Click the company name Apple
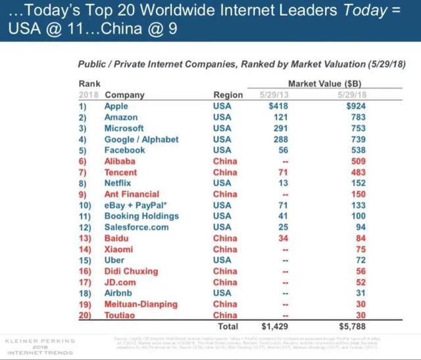116,106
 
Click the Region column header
228,95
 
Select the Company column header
124,95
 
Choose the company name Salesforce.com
136,228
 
